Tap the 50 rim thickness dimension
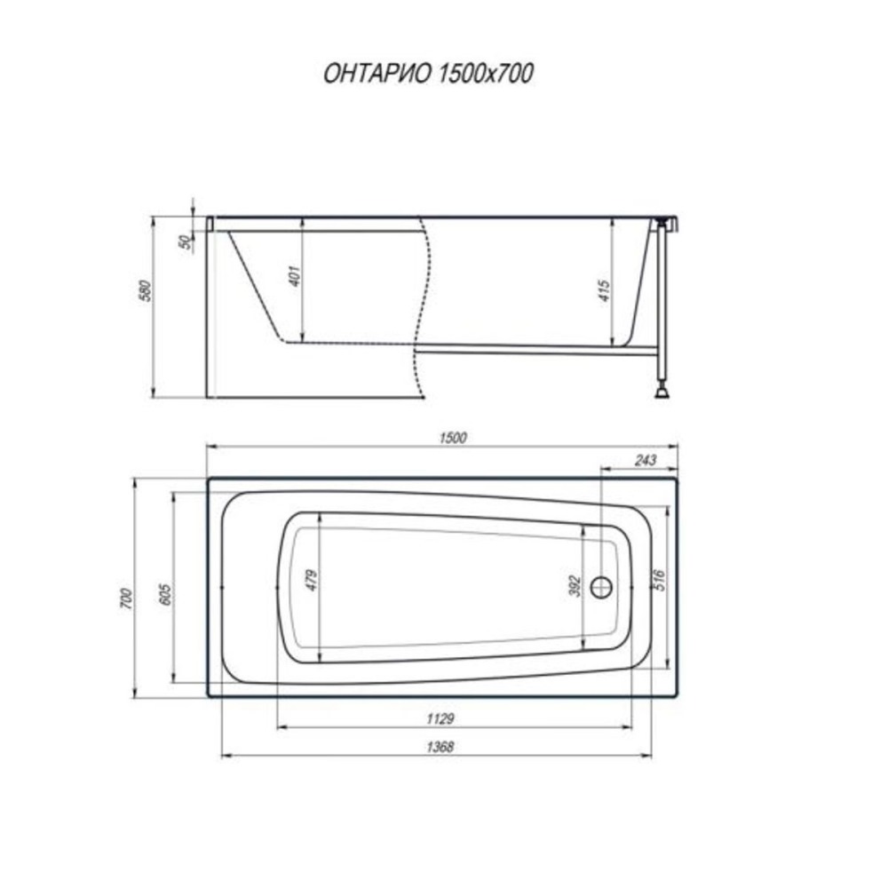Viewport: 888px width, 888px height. coord(185,242)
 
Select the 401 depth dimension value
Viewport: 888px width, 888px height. coord(294,276)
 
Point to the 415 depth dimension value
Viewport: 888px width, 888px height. coord(605,291)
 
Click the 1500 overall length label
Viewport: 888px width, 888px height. coord(453,436)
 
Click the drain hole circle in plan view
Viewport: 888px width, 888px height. coord(603,587)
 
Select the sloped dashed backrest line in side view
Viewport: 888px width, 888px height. coord(255,285)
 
